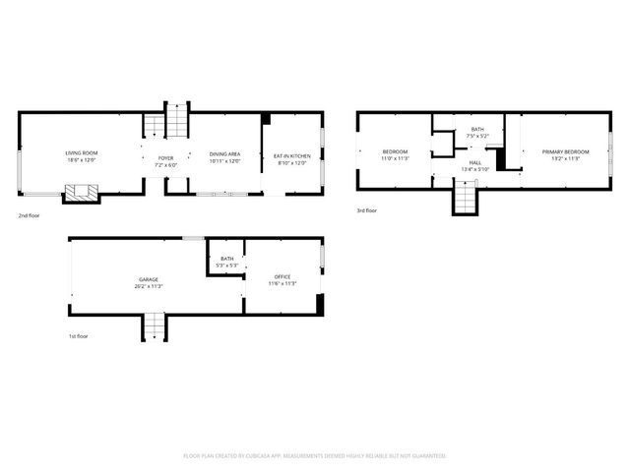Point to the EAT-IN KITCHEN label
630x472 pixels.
click(x=291, y=156)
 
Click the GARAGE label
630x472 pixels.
click(x=148, y=279)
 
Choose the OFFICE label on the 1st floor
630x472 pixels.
click(x=283, y=279)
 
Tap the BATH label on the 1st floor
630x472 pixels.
click(x=227, y=260)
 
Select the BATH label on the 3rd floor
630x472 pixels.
click(x=477, y=130)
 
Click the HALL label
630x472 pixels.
click(x=475, y=162)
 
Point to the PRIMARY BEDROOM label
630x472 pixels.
click(x=565, y=151)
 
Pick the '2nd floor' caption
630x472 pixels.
click(x=29, y=214)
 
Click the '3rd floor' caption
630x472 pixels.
click(x=367, y=210)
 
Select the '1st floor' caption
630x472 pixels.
click(x=80, y=335)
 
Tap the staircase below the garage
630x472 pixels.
click(x=156, y=325)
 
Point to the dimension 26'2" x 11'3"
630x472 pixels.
click(x=148, y=285)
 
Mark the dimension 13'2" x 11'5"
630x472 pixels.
click(x=565, y=157)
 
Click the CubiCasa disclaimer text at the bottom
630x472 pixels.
click(x=315, y=455)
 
